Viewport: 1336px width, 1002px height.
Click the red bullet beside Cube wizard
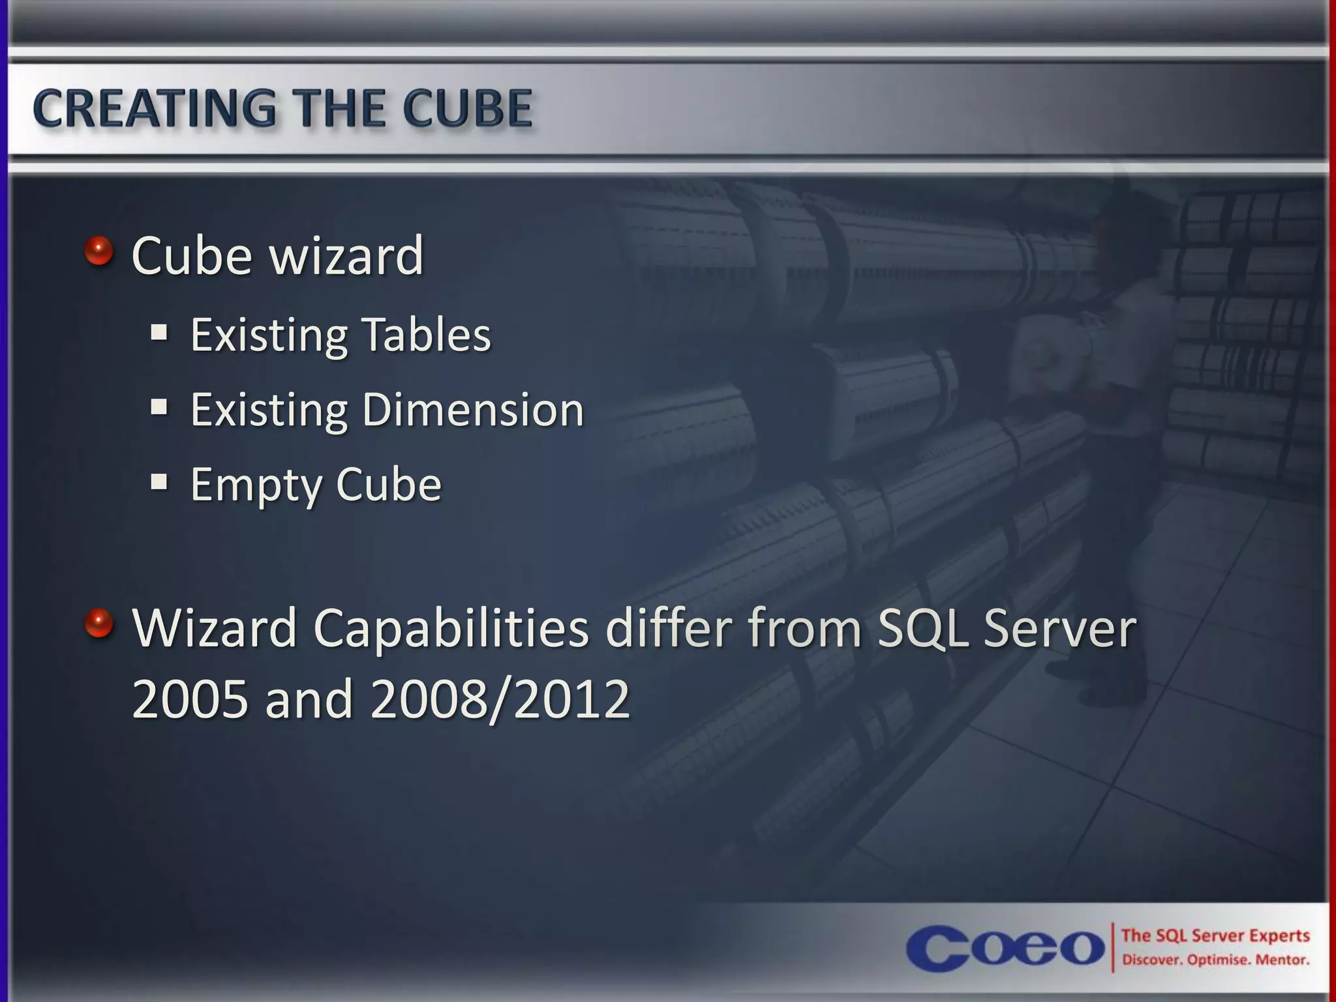[99, 250]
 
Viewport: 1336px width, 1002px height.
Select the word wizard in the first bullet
[347, 256]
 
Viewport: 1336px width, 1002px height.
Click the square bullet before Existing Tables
[159, 333]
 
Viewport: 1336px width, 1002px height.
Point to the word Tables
[426, 335]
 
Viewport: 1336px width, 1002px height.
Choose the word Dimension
[473, 410]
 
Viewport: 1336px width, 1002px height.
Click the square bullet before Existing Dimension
[159, 408]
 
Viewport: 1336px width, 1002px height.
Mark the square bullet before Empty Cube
[159, 482]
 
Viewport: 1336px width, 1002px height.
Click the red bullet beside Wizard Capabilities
[99, 622]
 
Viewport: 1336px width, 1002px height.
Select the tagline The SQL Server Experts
[1215, 935]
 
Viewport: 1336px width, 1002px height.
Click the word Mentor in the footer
[1283, 960]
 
